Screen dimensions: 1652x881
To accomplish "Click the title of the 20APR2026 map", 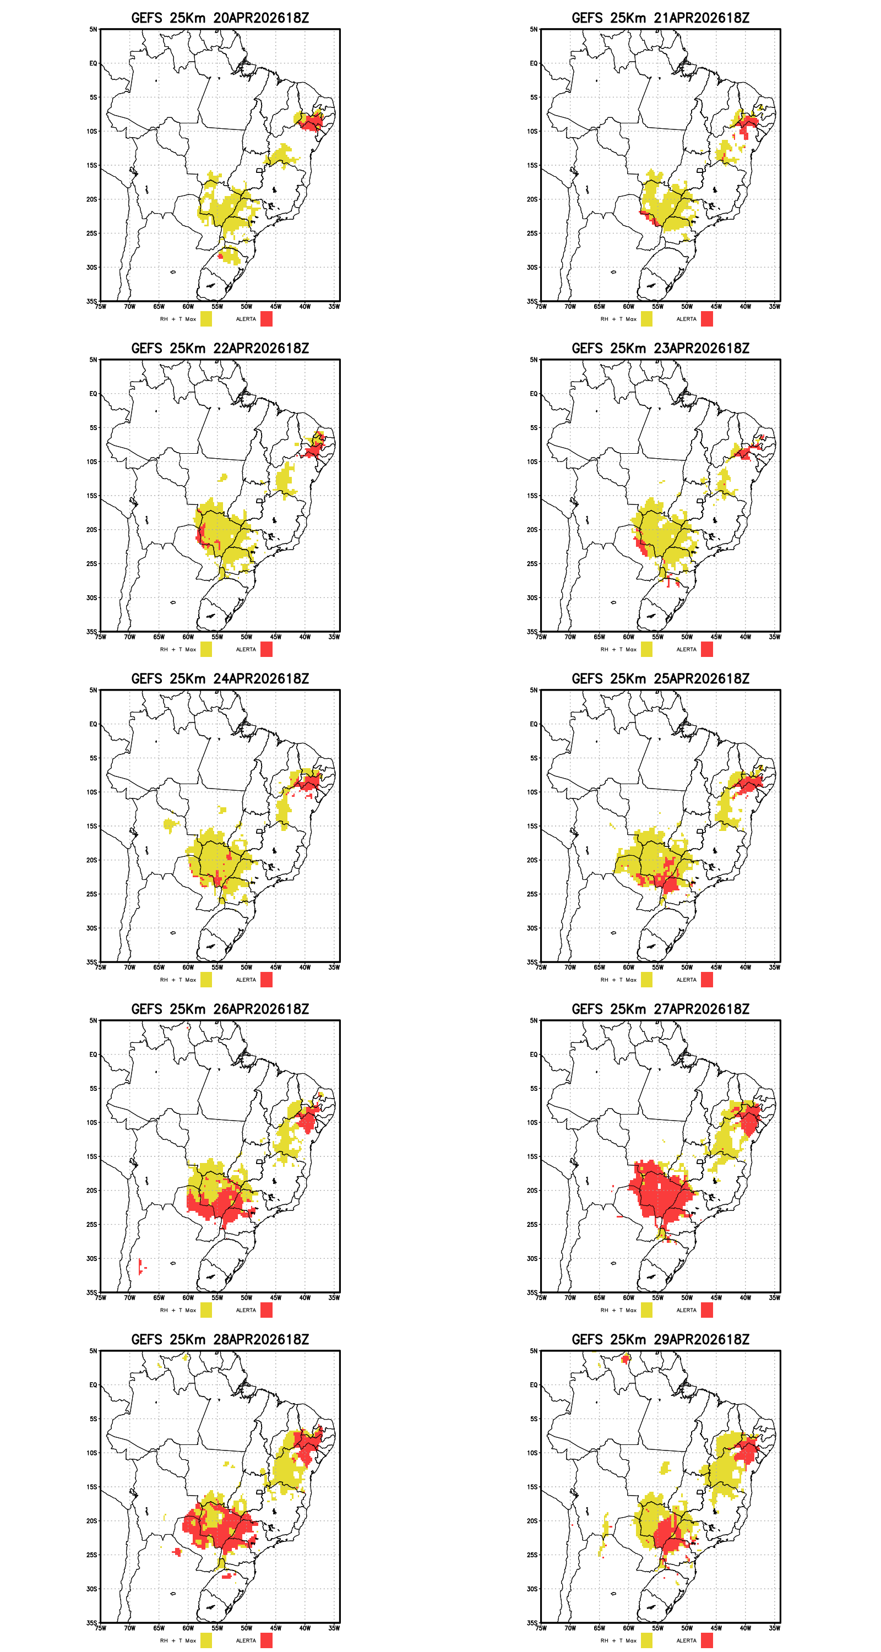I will [220, 18].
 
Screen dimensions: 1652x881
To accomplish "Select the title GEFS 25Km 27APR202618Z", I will [660, 1009].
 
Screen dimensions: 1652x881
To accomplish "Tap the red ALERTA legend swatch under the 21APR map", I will [706, 319].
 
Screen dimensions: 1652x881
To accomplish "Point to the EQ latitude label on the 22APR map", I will [93, 394].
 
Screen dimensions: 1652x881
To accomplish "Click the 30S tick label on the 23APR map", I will [532, 597].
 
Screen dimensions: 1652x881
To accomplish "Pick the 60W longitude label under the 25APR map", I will [628, 967].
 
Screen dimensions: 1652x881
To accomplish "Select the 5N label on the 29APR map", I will [534, 1351].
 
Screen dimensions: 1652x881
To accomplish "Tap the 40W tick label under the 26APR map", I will [304, 1297].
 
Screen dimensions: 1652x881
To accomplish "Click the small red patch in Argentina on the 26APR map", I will [140, 1266].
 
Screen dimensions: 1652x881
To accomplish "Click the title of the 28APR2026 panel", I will [220, 1340].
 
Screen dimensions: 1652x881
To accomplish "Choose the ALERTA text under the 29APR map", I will [686, 1640].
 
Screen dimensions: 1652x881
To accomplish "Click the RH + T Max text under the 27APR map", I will [618, 1310].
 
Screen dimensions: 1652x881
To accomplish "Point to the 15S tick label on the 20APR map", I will [92, 165].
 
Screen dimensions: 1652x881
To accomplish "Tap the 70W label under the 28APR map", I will [129, 1628].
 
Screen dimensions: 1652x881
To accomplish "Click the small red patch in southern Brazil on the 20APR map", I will [221, 257].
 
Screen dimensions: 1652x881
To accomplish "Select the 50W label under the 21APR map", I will [687, 307].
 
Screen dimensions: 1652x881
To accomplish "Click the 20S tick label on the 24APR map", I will [92, 860].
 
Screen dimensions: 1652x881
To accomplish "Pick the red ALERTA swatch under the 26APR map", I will [266, 1310].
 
